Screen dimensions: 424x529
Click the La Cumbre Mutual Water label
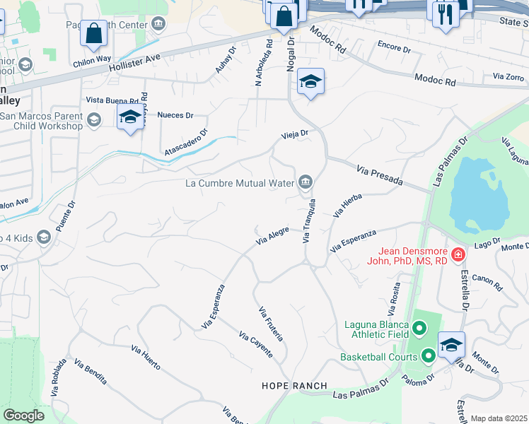pyautogui.click(x=239, y=184)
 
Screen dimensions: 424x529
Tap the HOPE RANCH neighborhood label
pyautogui.click(x=294, y=386)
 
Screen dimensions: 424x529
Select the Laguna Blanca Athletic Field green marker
pyautogui.click(x=419, y=328)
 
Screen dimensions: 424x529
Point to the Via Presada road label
pyautogui.click(x=380, y=176)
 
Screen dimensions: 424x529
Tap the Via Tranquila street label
pyautogui.click(x=308, y=220)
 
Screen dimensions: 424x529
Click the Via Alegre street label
pyautogui.click(x=272, y=237)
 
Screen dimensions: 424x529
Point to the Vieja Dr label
pyautogui.click(x=295, y=134)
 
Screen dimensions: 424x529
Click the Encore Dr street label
pyautogui.click(x=394, y=49)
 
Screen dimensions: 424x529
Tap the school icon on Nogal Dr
pyautogui.click(x=310, y=82)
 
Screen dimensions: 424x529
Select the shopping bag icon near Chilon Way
pyautogui.click(x=93, y=33)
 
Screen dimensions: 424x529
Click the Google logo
pyautogui.click(x=23, y=416)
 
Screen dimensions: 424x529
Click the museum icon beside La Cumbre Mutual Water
pyautogui.click(x=305, y=183)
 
